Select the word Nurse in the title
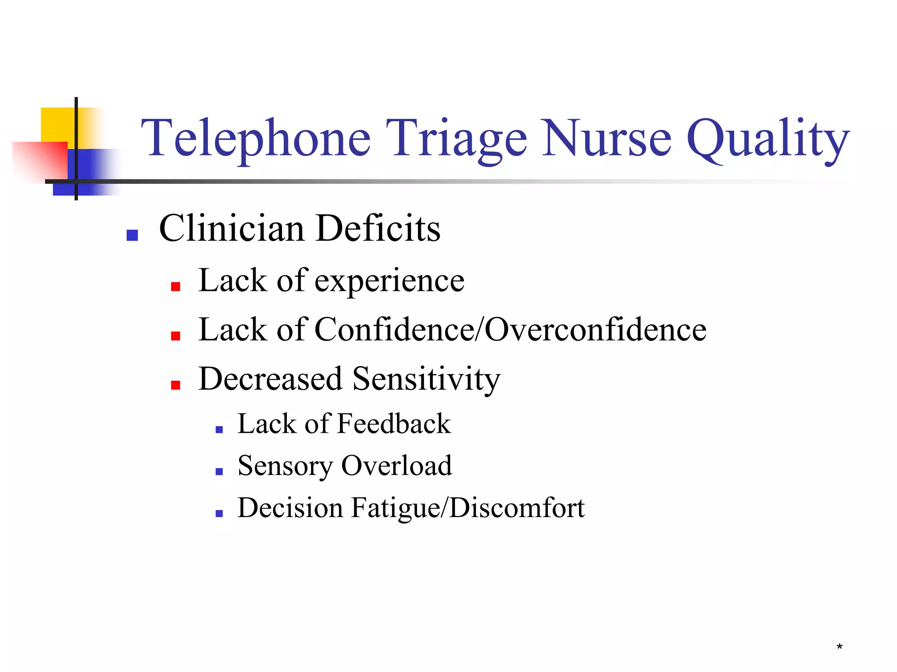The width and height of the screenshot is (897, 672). (x=607, y=138)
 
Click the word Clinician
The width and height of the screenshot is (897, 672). (x=232, y=228)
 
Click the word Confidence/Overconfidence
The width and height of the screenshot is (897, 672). (x=510, y=330)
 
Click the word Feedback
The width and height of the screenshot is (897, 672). (x=394, y=424)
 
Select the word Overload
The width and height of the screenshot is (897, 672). (x=396, y=465)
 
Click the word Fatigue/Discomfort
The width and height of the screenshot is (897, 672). (x=468, y=508)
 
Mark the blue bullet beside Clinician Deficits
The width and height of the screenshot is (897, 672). (x=132, y=235)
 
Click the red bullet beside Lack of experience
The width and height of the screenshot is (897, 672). (x=176, y=287)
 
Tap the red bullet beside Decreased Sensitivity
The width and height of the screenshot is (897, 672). (x=176, y=385)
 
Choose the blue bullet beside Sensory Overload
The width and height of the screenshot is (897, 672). (x=219, y=471)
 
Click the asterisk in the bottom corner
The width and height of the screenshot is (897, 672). (x=839, y=647)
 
